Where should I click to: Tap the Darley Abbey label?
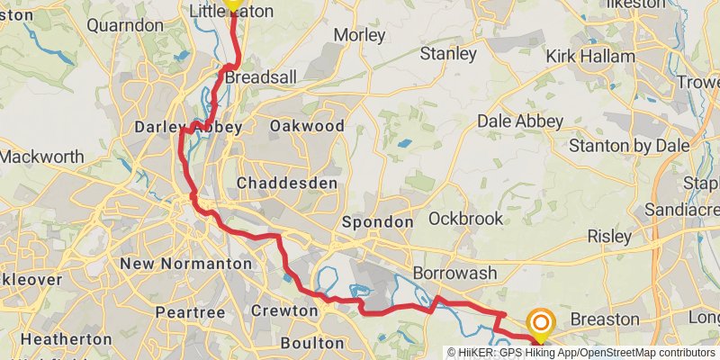pyautogui.click(x=188, y=128)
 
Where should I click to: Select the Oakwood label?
pyautogui.click(x=307, y=126)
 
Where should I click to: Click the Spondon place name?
pyautogui.click(x=378, y=221)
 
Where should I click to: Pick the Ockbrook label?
pyautogui.click(x=460, y=218)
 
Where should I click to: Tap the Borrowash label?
pyautogui.click(x=449, y=272)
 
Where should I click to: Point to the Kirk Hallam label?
pyautogui.click(x=590, y=57)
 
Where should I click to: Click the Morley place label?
pyautogui.click(x=359, y=36)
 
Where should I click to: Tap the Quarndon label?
pyautogui.click(x=125, y=25)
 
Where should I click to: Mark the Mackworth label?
pyautogui.click(x=41, y=157)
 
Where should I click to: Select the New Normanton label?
pyautogui.click(x=185, y=264)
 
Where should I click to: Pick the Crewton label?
pyautogui.click(x=285, y=311)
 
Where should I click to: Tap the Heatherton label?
pyautogui.click(x=64, y=339)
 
